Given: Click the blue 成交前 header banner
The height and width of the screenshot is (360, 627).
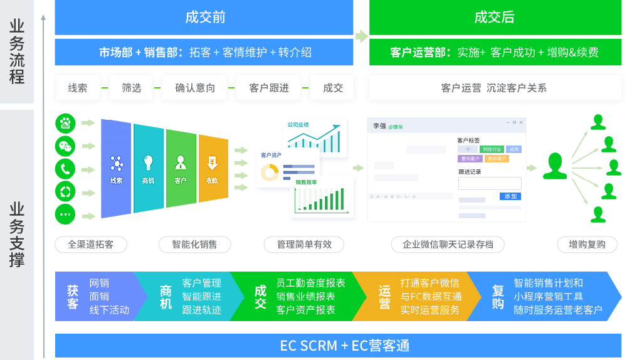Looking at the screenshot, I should coord(205,17).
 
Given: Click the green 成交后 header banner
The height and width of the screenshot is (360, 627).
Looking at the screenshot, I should coord(494,17).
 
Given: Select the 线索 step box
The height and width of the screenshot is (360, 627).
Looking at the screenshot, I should coord(78,88).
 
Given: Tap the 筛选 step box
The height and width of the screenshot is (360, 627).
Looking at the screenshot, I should coord(132,88).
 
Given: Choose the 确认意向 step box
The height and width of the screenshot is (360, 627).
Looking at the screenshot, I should coord(195,88).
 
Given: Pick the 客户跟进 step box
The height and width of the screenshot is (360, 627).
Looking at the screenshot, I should coord(269,88).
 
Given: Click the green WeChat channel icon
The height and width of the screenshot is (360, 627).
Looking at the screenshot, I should coord(65,146).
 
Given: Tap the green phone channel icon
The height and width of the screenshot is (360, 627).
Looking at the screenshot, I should coord(65,169).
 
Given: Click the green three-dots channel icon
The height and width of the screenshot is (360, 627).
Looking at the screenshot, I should coord(65,214).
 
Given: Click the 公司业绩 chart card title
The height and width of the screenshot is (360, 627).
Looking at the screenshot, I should coord(298,125).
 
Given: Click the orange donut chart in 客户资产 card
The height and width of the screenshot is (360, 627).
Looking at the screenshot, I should coord(270,172).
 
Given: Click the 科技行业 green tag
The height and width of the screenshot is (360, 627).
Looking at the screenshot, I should coord(491,149).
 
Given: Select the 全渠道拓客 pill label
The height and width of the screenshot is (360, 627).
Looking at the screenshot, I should coord(91,245).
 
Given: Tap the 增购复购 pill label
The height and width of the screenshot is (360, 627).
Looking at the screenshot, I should coord(587,245).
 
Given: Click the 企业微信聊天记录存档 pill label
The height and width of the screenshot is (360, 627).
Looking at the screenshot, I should coord(448,245).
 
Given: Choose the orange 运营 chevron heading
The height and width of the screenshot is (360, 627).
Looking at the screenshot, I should coord(384,297).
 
